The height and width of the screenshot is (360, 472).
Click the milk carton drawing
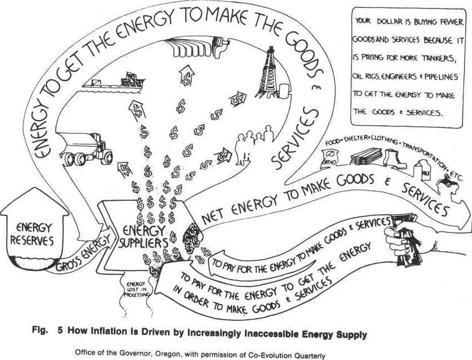click(418, 169)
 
